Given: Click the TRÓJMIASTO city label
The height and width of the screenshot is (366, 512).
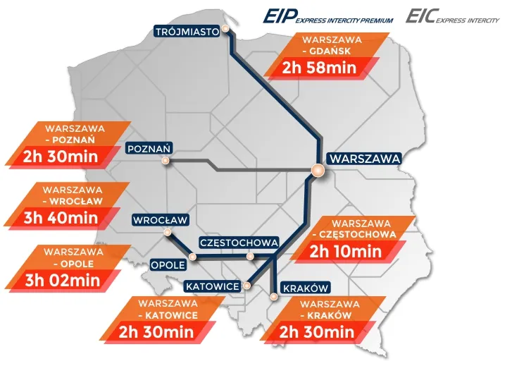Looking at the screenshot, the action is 185,31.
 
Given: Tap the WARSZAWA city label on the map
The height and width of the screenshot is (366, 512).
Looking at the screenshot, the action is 364,159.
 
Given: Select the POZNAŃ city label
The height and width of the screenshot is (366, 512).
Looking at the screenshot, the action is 149,149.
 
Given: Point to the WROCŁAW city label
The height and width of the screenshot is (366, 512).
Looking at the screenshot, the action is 160,220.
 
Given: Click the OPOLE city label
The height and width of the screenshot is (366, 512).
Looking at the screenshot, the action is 168,264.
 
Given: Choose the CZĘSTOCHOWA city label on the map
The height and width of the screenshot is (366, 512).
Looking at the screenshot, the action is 239,243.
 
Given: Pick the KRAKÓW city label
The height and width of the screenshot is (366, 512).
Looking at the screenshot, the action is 305,288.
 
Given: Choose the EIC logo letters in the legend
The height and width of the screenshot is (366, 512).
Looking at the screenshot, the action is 420,16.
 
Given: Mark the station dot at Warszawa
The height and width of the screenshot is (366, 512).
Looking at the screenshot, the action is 318,170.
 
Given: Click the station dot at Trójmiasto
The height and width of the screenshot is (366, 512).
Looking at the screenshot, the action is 226,30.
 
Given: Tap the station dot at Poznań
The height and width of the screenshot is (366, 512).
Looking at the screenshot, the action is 166,161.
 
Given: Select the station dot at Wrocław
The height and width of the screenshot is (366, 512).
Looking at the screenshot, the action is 168,232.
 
